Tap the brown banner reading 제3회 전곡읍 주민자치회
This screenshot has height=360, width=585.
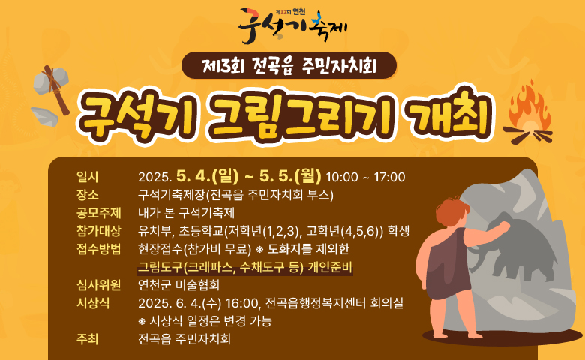point(289,65)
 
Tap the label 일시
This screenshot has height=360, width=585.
point(87,177)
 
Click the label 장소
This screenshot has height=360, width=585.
point(87,195)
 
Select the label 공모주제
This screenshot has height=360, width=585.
point(98,213)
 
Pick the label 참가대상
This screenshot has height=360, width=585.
point(98,230)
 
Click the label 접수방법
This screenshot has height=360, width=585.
point(98,248)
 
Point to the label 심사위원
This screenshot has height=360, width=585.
point(98,285)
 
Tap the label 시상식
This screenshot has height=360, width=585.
point(93,302)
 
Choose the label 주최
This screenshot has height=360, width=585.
point(87,339)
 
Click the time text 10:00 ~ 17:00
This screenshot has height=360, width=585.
point(366,177)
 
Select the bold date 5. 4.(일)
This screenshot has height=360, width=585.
point(208,176)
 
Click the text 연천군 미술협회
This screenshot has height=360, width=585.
point(178,285)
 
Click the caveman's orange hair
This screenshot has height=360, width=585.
point(451,211)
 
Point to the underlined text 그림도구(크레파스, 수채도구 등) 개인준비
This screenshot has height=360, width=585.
point(244,267)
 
